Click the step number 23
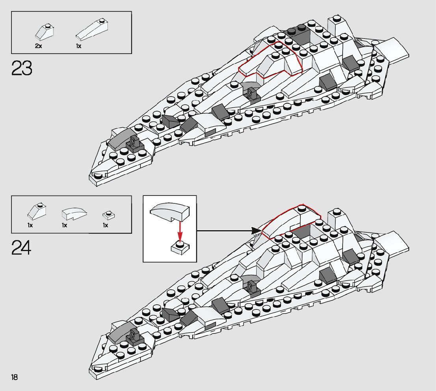click(x=22, y=68)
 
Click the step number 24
click(x=21, y=248)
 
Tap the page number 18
click(x=15, y=378)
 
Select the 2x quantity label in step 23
click(x=38, y=46)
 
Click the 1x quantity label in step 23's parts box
click(x=78, y=46)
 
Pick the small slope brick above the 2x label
click(x=45, y=32)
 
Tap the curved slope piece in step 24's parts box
click(x=74, y=213)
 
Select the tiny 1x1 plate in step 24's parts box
click(x=108, y=215)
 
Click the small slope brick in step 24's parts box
click(x=37, y=211)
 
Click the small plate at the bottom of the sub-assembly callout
click(x=180, y=248)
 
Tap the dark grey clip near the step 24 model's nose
click(x=134, y=338)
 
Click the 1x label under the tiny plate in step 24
click(x=105, y=225)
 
